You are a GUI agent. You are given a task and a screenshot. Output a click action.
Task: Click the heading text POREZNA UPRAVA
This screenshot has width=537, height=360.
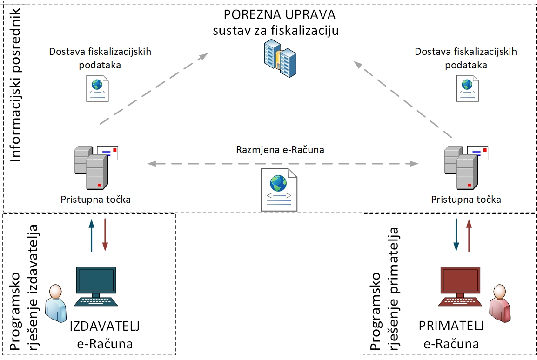[279, 14]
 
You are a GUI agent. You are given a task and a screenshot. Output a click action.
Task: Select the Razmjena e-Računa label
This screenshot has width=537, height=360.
[280, 150]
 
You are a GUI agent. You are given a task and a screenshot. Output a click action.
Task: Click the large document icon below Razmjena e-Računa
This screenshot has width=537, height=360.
[279, 189]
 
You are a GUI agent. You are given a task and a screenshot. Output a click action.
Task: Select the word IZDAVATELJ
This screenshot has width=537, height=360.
[105, 326]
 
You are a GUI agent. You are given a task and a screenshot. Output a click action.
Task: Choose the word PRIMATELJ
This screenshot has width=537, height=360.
[451, 326]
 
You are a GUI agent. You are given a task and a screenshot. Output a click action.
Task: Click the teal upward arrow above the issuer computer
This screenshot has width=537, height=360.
[91, 235]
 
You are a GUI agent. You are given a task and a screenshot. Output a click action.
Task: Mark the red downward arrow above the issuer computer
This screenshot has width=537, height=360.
[105, 235]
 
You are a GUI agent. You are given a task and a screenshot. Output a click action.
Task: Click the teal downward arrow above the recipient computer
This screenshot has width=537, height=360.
[456, 235]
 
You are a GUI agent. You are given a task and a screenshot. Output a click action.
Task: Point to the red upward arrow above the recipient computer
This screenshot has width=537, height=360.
[469, 235]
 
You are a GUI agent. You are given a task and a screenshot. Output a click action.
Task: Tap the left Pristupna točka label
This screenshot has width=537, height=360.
[96, 200]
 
